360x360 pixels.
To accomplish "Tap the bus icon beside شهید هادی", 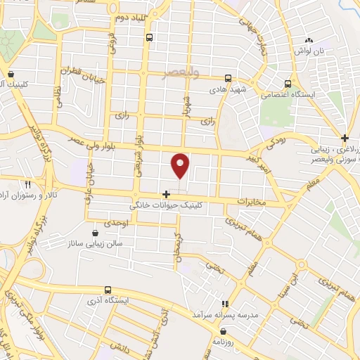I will coord(228,79).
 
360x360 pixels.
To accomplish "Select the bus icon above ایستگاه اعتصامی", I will coord(288,82).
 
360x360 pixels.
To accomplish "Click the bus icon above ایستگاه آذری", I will coord(108,290).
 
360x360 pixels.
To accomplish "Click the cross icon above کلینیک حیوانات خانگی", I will coord(166,194).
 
